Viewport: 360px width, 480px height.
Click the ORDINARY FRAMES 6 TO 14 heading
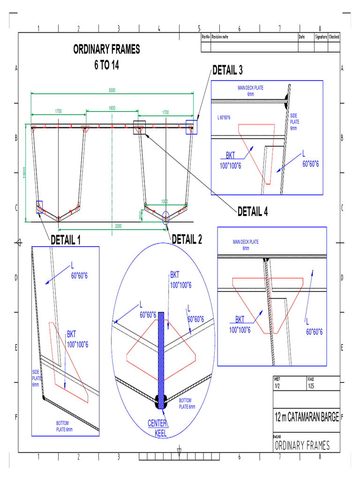coord(106,57)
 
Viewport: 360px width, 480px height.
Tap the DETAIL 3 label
coord(227,71)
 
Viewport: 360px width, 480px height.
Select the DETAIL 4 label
coord(253,212)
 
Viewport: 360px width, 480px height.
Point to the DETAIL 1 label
coord(66,240)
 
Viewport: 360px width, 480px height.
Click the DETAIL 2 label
coord(187,240)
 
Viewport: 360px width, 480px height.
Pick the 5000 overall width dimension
coord(112,90)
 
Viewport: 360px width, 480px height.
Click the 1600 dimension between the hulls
coord(112,108)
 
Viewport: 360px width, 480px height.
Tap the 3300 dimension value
coord(118,226)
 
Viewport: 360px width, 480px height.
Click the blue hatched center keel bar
coord(161,356)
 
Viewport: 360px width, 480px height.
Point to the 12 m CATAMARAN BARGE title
coord(307,417)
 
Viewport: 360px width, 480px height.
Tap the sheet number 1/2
coord(277,387)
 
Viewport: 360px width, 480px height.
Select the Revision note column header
coord(220,37)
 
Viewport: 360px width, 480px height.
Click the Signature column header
coord(321,37)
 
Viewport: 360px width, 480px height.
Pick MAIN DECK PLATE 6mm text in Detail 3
coord(251,90)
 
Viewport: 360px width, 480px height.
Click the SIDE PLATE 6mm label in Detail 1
coord(36,378)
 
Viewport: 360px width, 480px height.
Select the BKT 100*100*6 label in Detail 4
coord(240,324)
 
